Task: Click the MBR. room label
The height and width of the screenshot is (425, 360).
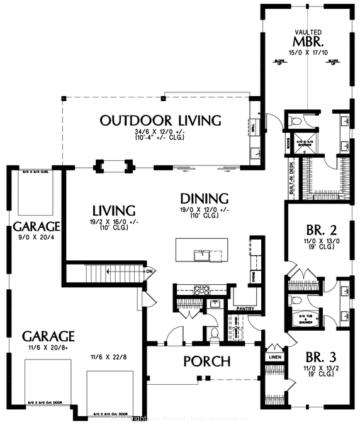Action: (x=309, y=43)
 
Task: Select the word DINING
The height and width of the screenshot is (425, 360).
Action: (x=201, y=197)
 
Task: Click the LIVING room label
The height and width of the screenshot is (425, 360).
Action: (x=113, y=210)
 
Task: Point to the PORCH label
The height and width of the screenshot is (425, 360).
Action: (x=206, y=362)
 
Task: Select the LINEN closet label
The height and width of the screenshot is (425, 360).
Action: (x=274, y=357)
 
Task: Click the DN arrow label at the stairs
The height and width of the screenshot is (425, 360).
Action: (x=150, y=272)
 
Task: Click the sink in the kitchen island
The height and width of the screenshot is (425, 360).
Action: (x=202, y=255)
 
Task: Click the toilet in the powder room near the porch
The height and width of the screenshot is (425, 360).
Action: (x=214, y=333)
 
